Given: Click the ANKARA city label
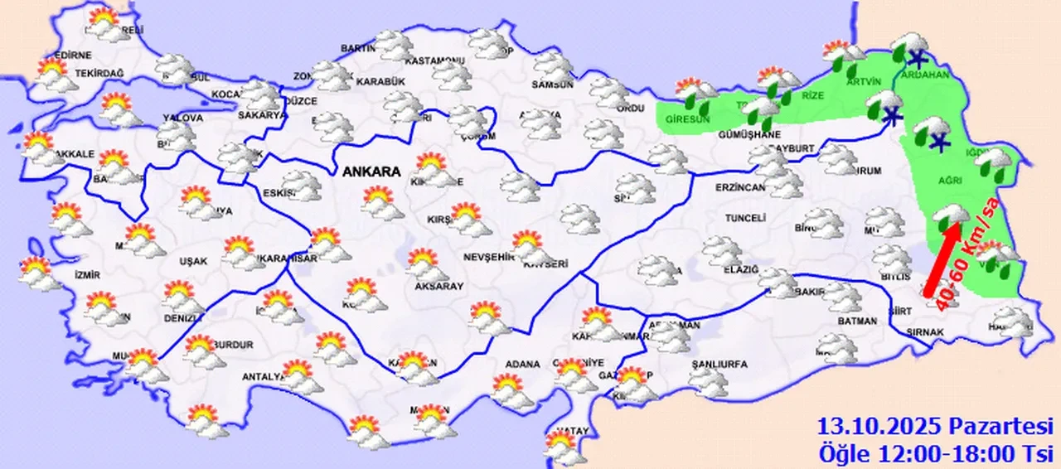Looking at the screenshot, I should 371,172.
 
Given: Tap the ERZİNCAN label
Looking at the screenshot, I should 740,187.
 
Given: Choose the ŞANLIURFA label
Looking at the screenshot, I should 719,364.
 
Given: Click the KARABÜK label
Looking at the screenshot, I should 380,81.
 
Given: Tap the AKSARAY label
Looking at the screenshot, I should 438,286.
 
